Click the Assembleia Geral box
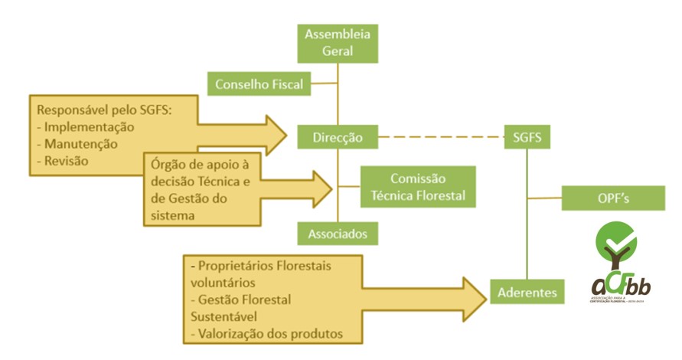point(338,43)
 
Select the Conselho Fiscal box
point(259,83)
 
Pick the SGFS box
point(528,138)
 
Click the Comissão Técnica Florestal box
point(418,186)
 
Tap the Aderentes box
point(527,292)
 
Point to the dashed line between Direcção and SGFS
point(442,138)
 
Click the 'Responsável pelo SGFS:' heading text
point(101,110)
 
